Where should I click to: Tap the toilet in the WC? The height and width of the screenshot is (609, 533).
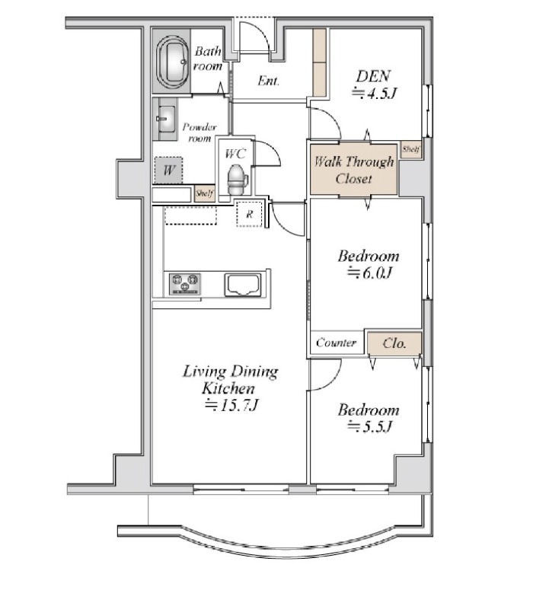click(237, 179)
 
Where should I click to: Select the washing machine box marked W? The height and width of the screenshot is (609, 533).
click(168, 170)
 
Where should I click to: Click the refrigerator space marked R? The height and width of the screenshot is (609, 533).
click(249, 214)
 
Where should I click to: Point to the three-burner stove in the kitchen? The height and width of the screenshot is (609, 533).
click(185, 283)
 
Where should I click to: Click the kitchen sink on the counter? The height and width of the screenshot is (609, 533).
click(242, 285)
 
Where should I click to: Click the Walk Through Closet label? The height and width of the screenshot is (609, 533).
click(353, 170)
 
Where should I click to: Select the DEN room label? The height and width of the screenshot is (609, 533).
click(373, 76)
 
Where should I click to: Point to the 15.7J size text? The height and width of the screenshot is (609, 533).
click(232, 405)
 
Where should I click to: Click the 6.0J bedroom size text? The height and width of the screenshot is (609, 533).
click(369, 273)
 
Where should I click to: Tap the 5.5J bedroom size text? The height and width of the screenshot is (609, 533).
click(369, 426)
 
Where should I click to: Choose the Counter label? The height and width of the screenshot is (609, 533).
click(336, 342)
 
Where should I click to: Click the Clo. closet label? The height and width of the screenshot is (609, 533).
click(394, 343)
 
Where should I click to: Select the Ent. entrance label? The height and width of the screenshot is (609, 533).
click(269, 81)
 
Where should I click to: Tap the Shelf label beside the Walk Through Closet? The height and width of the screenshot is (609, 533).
click(410, 148)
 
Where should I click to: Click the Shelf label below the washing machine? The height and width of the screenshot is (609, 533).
click(204, 193)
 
